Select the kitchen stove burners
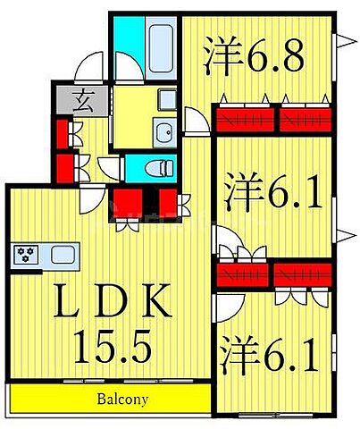(26, 255)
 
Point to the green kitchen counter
(45, 255)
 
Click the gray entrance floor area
(68, 98)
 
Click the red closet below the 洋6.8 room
(272, 116)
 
